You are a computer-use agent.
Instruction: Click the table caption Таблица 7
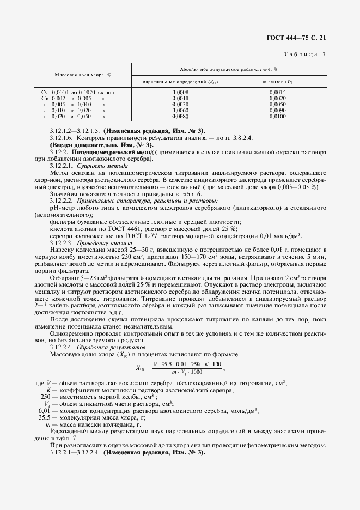(305, 54)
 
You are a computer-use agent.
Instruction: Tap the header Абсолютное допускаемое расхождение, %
(231, 69)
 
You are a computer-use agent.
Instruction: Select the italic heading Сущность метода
(96, 165)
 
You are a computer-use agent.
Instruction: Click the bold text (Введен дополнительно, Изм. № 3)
(101, 145)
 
